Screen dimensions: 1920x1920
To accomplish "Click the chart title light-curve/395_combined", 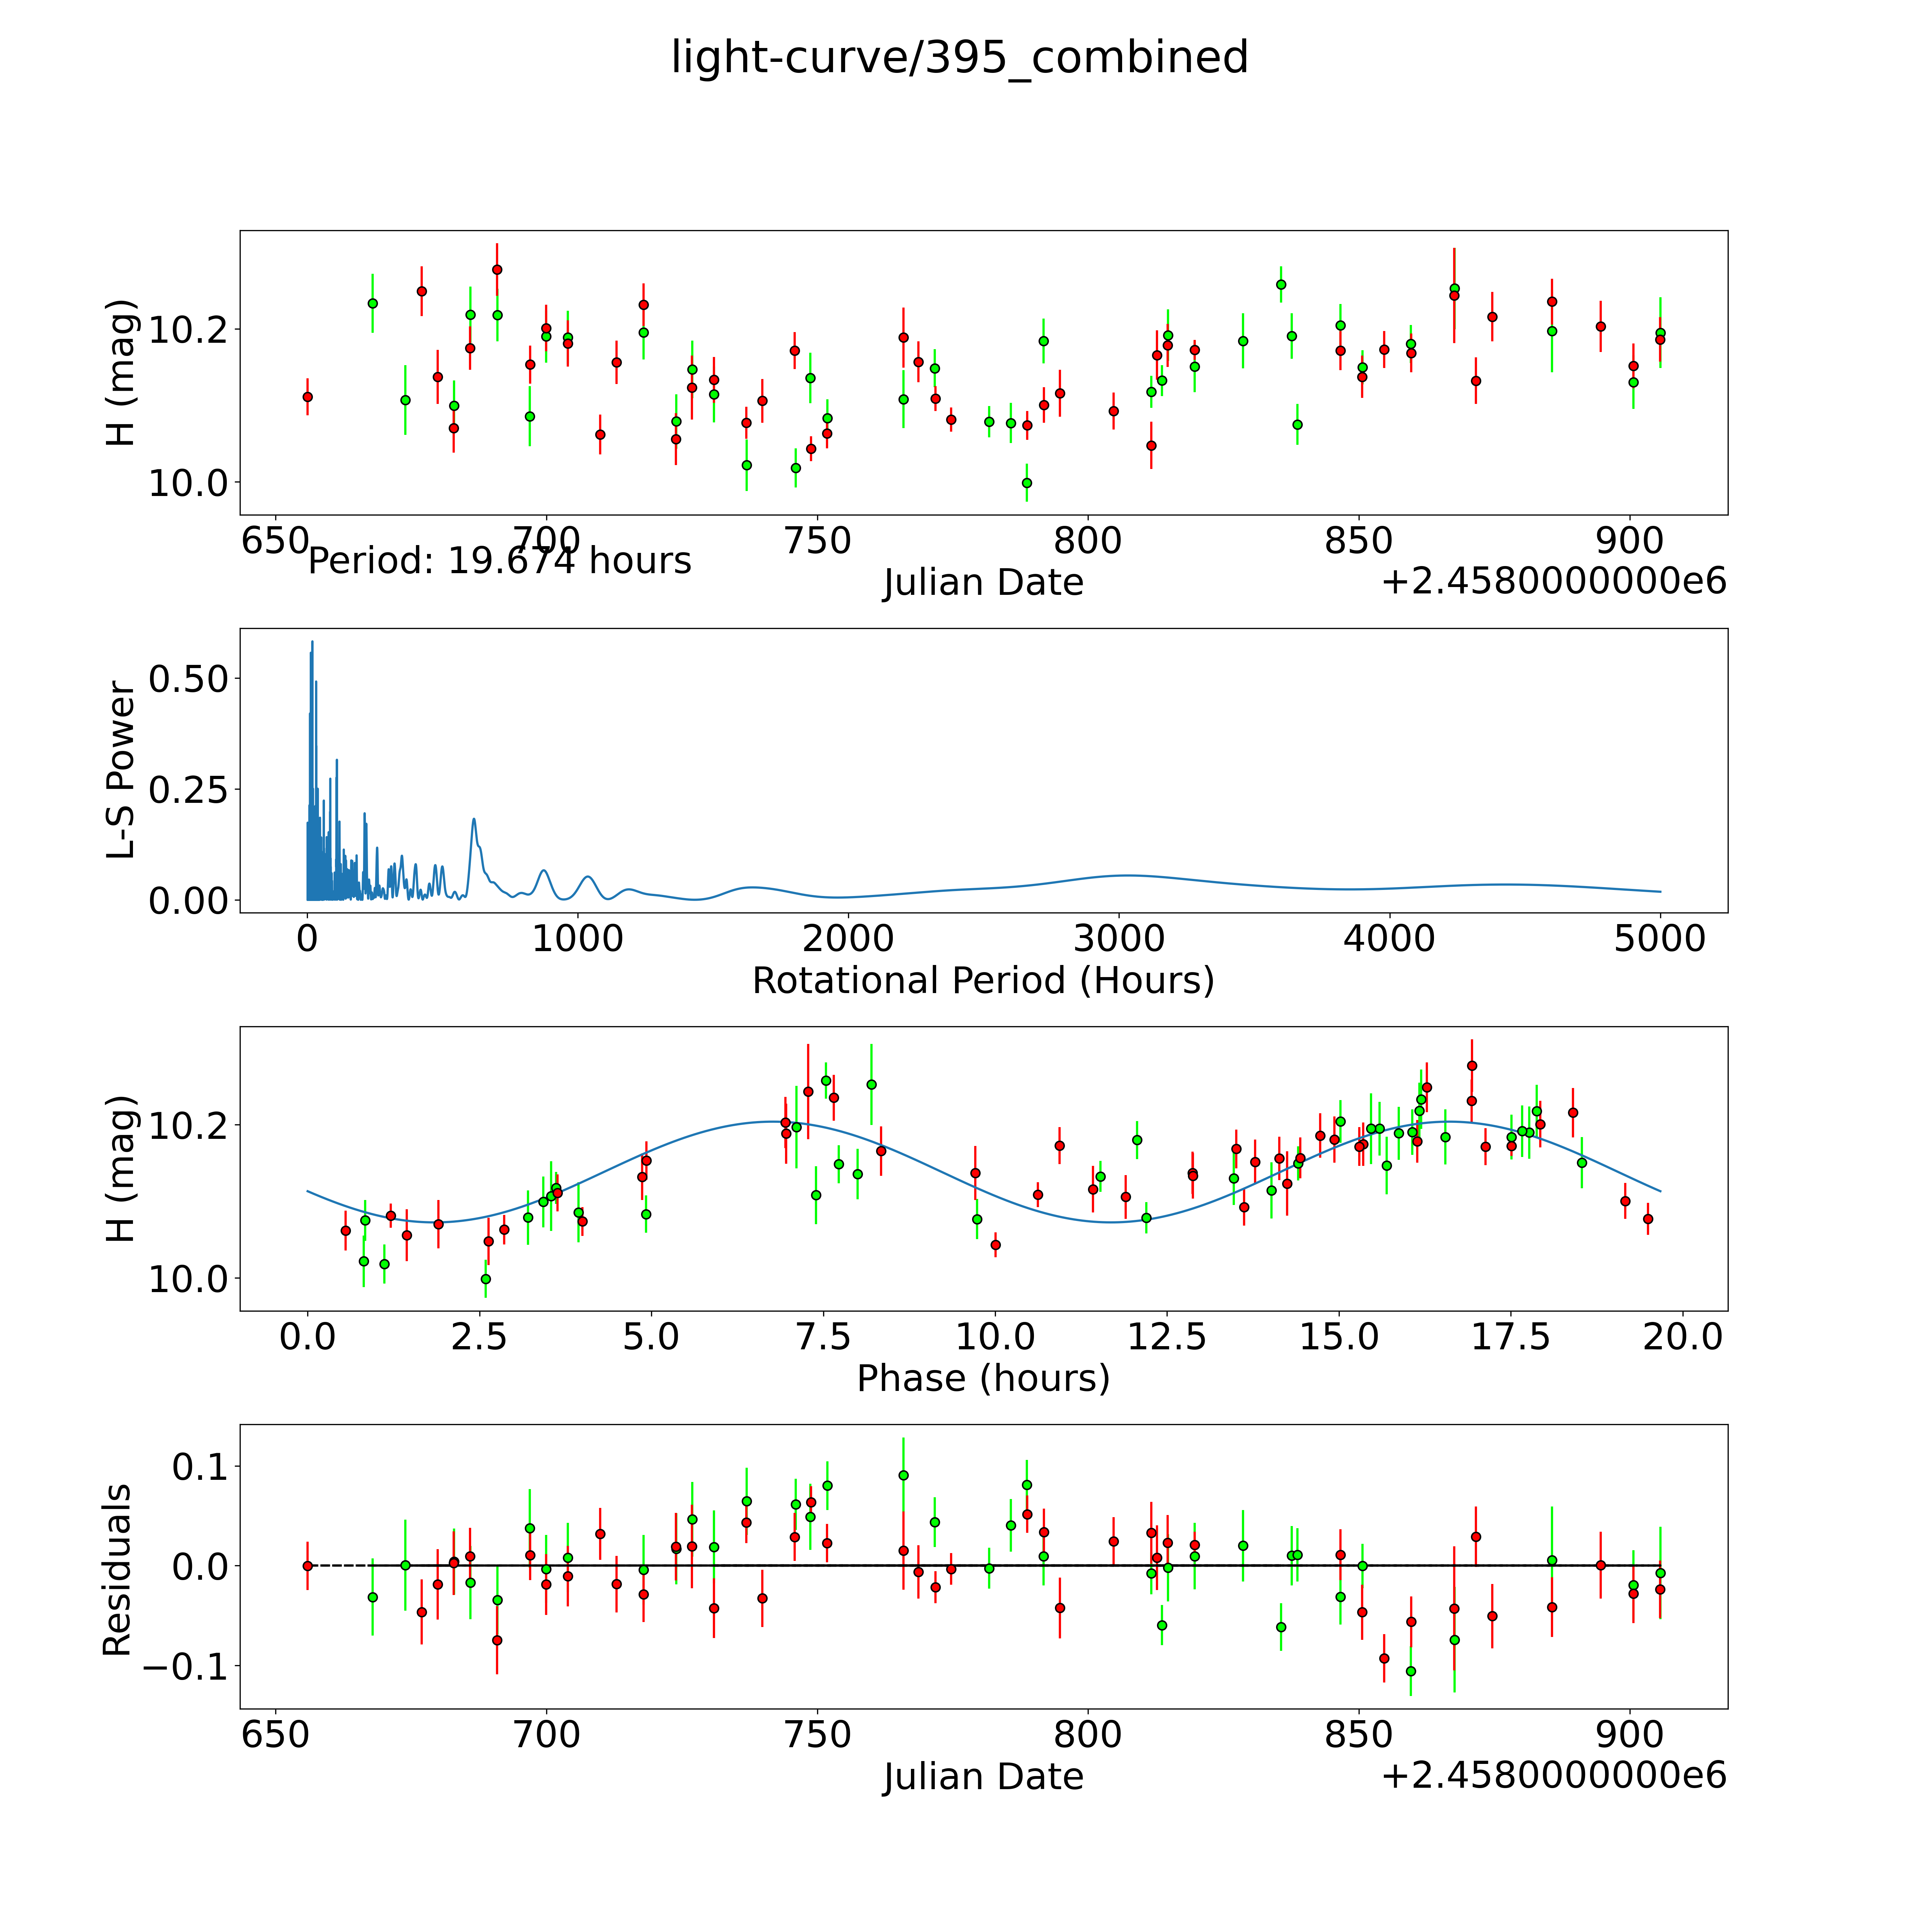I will pos(959,58).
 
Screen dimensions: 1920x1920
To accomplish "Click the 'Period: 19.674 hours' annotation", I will pos(499,561).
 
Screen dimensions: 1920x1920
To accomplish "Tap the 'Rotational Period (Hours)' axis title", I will pos(983,981).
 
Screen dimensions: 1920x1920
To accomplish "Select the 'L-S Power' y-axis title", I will pos(120,770).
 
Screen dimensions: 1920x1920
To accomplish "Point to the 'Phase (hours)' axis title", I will pos(983,1378).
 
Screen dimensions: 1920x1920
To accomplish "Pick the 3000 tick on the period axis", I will pos(1119,939).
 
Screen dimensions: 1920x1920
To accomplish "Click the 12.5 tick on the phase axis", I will pos(1167,1337).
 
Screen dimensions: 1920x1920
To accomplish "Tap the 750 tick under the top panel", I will pos(817,542).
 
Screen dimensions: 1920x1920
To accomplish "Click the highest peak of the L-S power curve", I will pos(312,642).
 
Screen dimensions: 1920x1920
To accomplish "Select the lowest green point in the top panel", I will pos(1026,483).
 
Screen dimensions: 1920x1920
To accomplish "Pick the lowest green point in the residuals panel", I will pos(1410,1671).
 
